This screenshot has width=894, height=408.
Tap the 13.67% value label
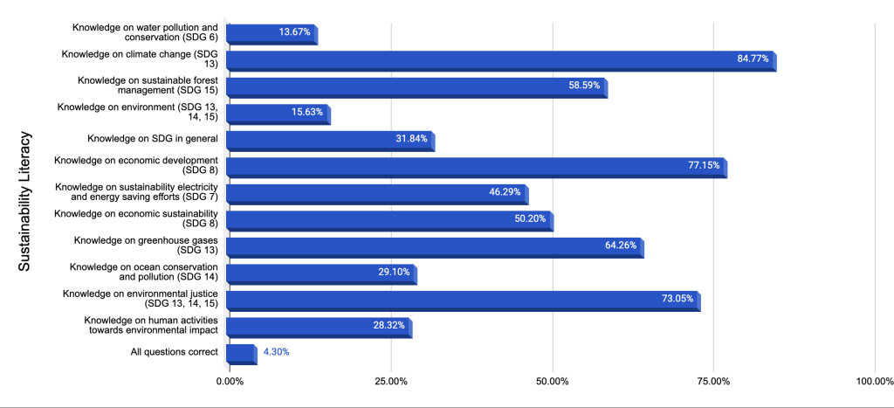pyautogui.click(x=295, y=33)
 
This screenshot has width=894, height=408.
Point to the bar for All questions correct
pyautogui.click(x=240, y=353)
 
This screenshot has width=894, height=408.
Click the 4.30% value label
pyautogui.click(x=276, y=352)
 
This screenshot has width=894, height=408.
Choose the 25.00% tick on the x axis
pyautogui.click(x=391, y=381)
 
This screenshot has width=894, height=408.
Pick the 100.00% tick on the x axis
pyautogui.click(x=874, y=381)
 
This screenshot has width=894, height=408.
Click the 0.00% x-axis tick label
pyautogui.click(x=230, y=381)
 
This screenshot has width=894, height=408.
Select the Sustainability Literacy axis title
pyautogui.click(x=25, y=201)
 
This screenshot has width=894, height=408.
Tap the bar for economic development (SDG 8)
pyautogui.click(x=476, y=166)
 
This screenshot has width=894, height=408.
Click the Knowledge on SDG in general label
pyautogui.click(x=152, y=139)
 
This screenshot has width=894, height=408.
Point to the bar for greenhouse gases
pyautogui.click(x=434, y=245)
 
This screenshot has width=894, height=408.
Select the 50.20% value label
pyautogui.click(x=530, y=219)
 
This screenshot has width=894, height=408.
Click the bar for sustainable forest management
pyautogui.click(x=416, y=86)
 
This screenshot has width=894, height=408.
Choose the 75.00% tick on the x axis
pyautogui.click(x=713, y=381)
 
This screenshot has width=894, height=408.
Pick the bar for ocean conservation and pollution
pyautogui.click(x=320, y=273)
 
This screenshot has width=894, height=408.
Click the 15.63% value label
pyautogui.click(x=308, y=113)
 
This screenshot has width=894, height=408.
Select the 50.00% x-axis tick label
pyautogui.click(x=553, y=381)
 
